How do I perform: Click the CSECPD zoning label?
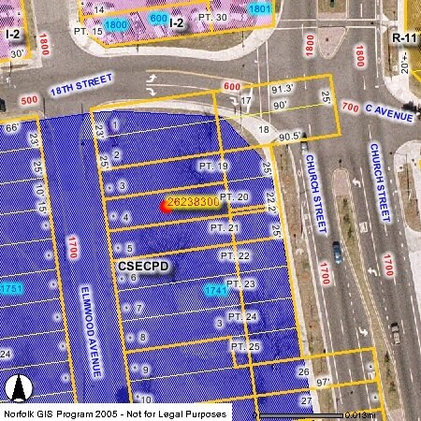tap(144, 267)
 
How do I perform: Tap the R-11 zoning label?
tap(404, 37)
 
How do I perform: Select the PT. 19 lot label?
tap(212, 167)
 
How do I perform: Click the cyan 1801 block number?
tap(260, 9)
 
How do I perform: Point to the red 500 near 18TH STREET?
tap(29, 100)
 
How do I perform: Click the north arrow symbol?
tap(16, 387)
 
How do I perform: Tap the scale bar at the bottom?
tap(299, 414)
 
